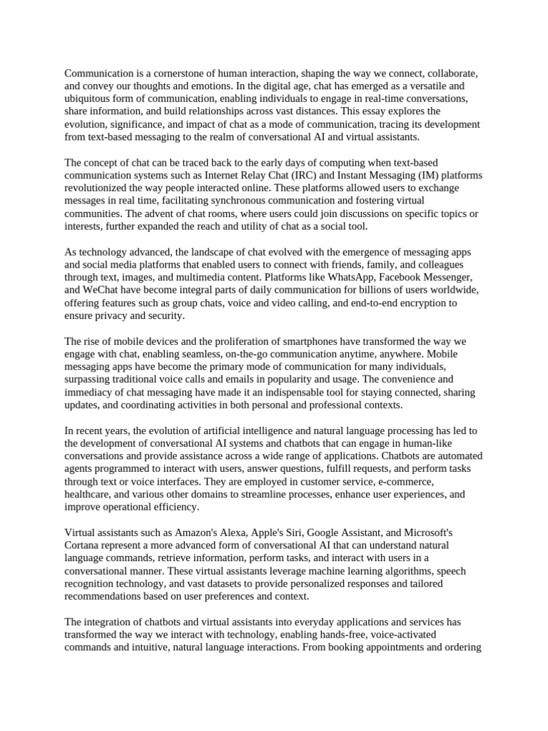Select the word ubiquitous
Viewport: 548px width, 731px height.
(x=89, y=99)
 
